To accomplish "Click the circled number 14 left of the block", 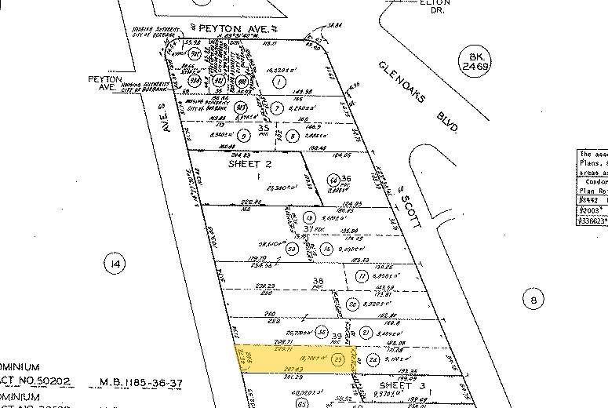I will (x=115, y=264).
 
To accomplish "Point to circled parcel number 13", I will (x=309, y=217).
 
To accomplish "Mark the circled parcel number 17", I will (x=362, y=276).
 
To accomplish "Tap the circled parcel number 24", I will (x=374, y=360).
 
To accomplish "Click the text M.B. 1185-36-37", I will (x=140, y=384).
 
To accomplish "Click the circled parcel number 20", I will (x=354, y=304).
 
